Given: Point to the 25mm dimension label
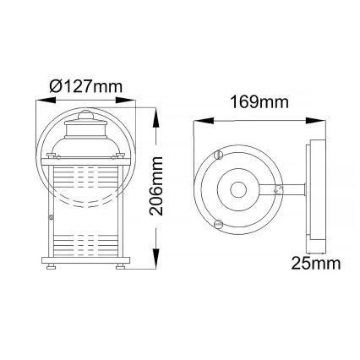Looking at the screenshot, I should pos(314,264).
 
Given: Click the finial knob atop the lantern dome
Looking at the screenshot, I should pos(85,113).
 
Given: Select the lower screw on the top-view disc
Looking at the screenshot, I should pos(221,225).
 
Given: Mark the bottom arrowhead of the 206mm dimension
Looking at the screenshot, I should pos(158,265).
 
